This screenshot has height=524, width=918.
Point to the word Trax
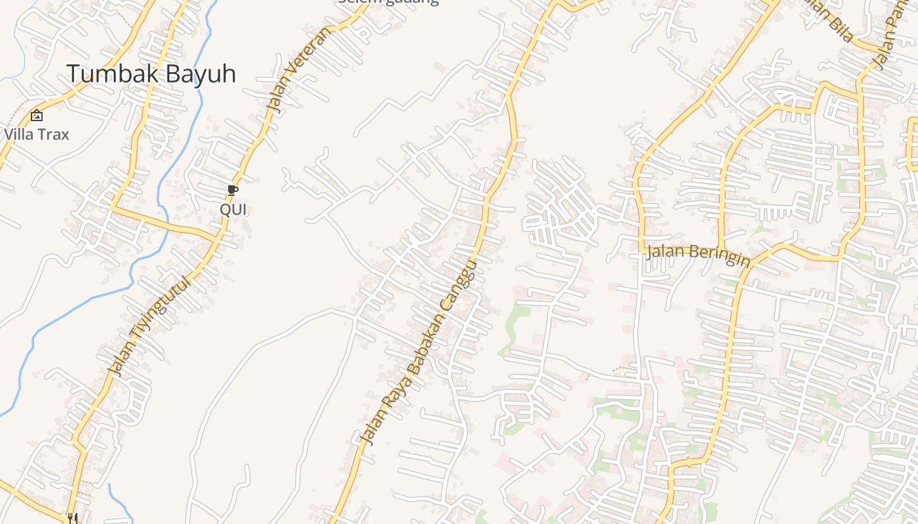tap(53, 134)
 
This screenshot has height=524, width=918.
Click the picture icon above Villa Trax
tap(37, 115)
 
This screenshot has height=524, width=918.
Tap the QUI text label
tap(233, 210)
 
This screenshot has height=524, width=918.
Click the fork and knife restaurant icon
tap(73, 519)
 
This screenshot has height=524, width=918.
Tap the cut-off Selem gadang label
tap(388, 2)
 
